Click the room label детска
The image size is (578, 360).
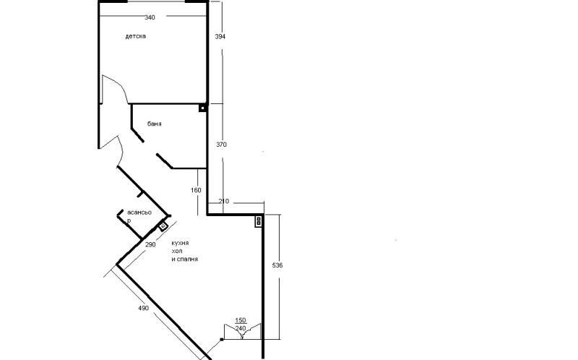135,36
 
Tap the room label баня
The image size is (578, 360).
154,124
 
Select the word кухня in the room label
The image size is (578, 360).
180,243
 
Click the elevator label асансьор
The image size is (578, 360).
139,217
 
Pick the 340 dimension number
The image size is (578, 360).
150,17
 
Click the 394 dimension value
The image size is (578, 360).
220,37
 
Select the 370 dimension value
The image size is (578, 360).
221,145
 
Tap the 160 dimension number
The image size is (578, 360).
196,190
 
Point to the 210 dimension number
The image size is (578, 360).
223,201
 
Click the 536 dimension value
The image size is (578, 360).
277,265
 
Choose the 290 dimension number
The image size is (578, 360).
150,244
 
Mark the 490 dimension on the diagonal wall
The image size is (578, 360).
143,308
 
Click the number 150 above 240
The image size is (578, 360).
241,320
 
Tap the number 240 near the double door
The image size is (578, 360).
241,328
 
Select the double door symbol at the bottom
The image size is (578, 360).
243,331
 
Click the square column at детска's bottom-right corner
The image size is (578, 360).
202,108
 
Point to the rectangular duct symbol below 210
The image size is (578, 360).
259,221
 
